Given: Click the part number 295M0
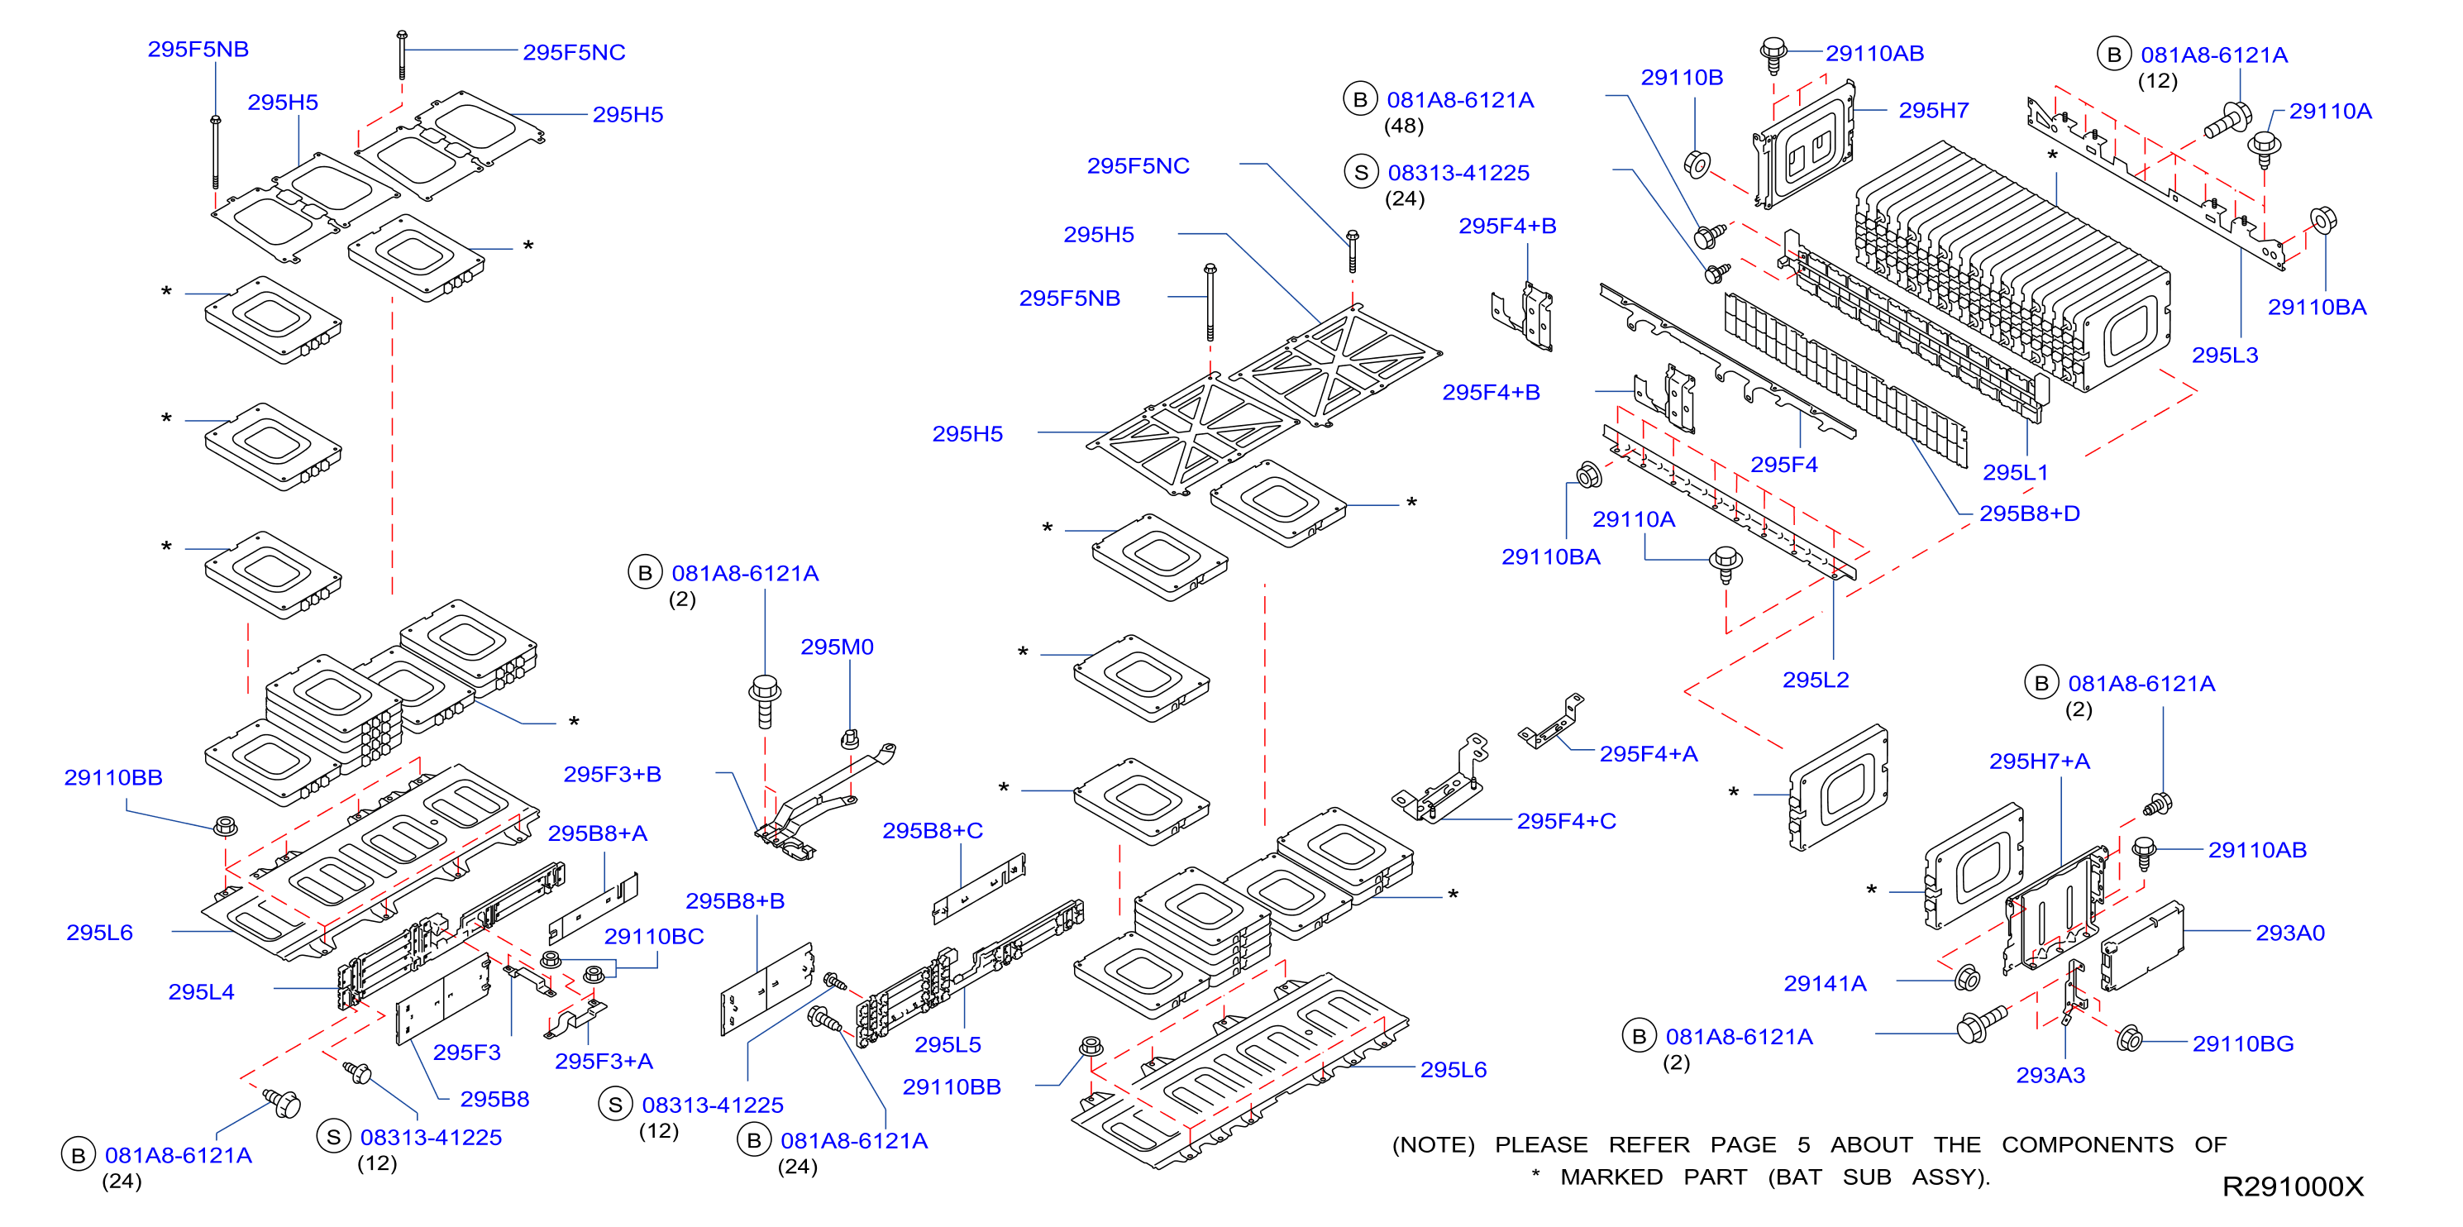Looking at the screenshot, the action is pos(837,647).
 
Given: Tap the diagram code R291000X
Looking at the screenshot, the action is pos(2292,1186).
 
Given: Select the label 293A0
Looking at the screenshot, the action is pos(2290,933).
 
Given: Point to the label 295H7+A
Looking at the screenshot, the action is pos(2040,762).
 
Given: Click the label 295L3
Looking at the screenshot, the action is pos(2225,355).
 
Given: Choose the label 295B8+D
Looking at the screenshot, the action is pos(2029,513).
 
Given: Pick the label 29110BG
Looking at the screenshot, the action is pos(2243,1043).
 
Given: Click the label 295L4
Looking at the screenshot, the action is pos(201,991).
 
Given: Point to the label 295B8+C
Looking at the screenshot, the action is pos(933,830).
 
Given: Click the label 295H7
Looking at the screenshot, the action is pos(1933,110).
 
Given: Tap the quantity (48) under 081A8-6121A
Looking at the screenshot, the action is pos(1404,126).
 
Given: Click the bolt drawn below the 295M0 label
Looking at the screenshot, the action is pos(849,738).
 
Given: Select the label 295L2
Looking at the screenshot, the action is pos(1816,680).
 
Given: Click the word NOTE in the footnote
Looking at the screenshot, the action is pos(1432,1145).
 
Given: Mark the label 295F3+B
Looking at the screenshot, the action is pos(612,774).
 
